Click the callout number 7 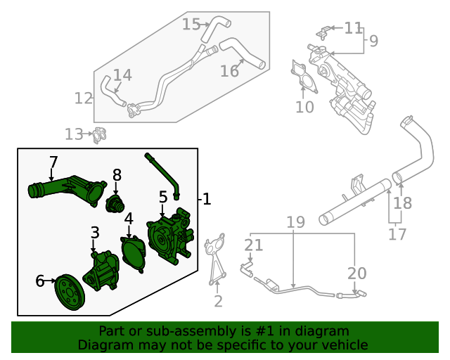pyautogui.click(x=53, y=162)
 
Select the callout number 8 pyautogui.click(x=117, y=174)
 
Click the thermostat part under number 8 pyautogui.click(x=114, y=205)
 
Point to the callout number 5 pyautogui.click(x=163, y=197)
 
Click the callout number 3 pyautogui.click(x=95, y=232)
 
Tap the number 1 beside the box pyautogui.click(x=207, y=199)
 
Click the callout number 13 pyautogui.click(x=73, y=134)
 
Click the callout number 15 pyautogui.click(x=191, y=25)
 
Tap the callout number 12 pyautogui.click(x=84, y=98)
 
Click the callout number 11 pyautogui.click(x=353, y=28)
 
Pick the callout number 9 pyautogui.click(x=373, y=41)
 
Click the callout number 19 pyautogui.click(x=295, y=222)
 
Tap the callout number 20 pyautogui.click(x=357, y=273)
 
